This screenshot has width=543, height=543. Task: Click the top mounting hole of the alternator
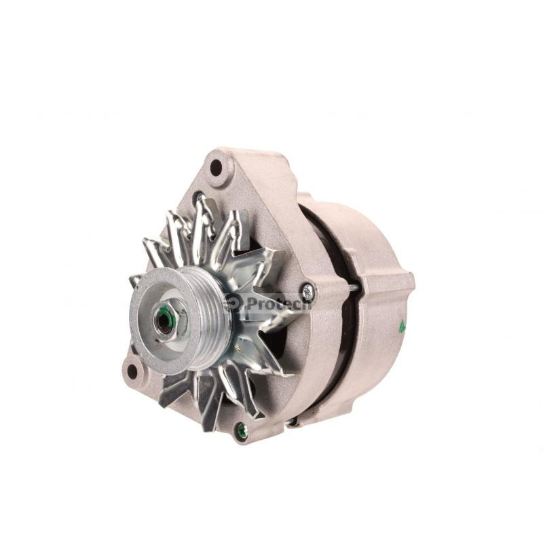[217, 167]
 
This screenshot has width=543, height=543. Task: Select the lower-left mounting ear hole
[132, 371]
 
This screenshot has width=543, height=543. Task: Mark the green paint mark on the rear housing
[402, 326]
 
